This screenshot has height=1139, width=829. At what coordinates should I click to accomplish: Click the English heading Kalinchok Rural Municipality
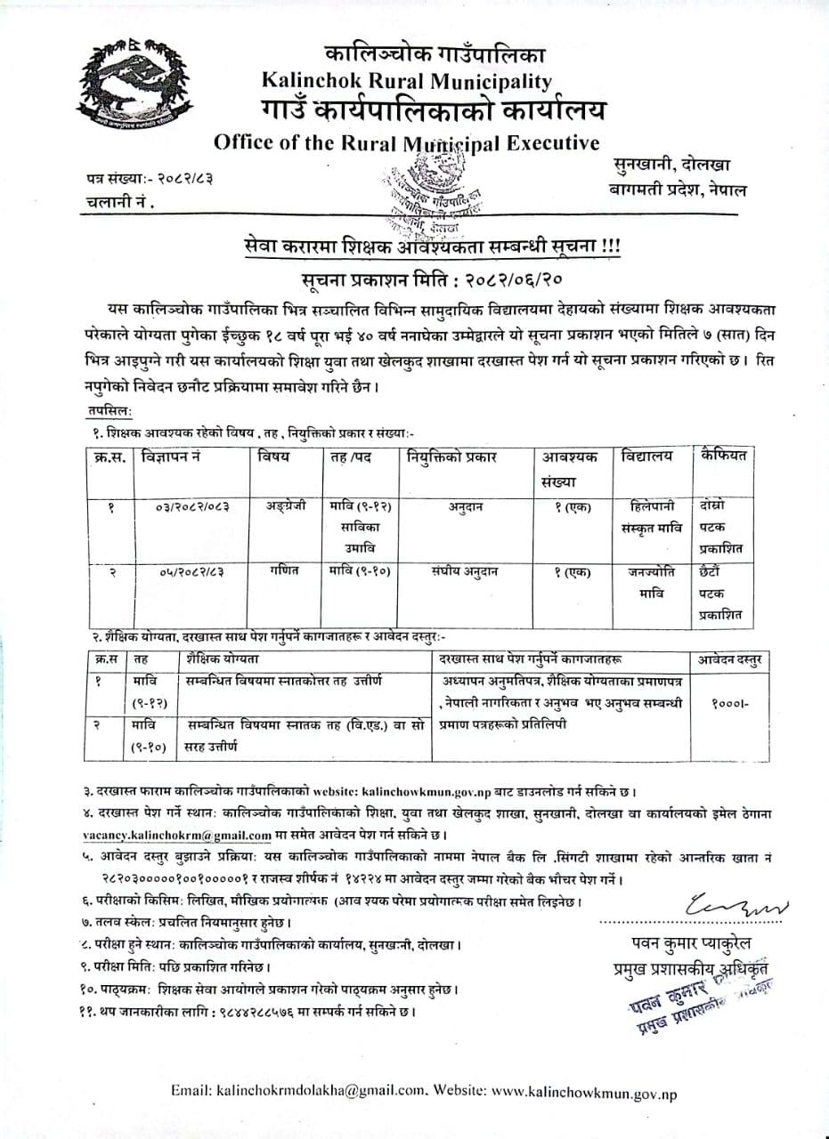click(x=407, y=81)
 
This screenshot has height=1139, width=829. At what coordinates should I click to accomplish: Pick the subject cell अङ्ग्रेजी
click(x=284, y=505)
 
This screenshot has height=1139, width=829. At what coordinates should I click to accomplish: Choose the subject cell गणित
click(x=285, y=571)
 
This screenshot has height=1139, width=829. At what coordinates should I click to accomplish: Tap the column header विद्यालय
click(x=647, y=456)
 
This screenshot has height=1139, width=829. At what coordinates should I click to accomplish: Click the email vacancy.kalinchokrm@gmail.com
click(x=174, y=836)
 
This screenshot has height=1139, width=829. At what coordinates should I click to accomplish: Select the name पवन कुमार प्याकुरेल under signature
click(x=688, y=942)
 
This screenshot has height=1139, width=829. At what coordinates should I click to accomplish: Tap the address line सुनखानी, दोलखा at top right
click(x=671, y=165)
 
